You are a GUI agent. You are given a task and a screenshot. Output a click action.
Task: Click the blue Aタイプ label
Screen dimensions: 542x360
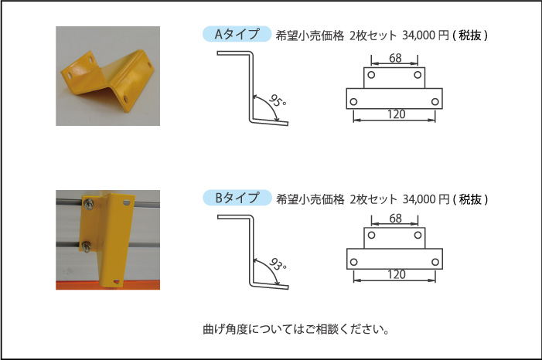pyautogui.click(x=237, y=34)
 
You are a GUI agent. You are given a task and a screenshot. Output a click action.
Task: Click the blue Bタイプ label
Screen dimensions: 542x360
pyautogui.click(x=237, y=198)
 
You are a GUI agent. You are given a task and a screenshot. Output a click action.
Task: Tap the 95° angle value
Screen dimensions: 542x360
pyautogui.click(x=278, y=100)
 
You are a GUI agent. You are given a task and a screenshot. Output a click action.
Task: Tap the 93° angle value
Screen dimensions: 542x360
pyautogui.click(x=278, y=264)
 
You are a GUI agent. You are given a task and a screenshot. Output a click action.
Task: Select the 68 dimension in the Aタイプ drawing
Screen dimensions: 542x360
pyautogui.click(x=395, y=58)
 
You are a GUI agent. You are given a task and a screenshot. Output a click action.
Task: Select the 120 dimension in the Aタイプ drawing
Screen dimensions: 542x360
pyautogui.click(x=396, y=114)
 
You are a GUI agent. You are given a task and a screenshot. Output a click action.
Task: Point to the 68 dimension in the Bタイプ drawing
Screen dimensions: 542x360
pyautogui.click(x=395, y=218)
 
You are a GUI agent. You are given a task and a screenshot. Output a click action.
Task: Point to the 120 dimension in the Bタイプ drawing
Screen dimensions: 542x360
pyautogui.click(x=396, y=274)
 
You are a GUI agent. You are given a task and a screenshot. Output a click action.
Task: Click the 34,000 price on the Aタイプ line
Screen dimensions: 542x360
pyautogui.click(x=418, y=36)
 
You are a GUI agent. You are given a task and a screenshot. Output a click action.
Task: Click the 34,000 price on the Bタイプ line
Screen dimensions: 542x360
pyautogui.click(x=418, y=199)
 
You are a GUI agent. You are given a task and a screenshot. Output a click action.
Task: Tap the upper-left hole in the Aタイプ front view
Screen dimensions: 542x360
pyautogui.click(x=371, y=75)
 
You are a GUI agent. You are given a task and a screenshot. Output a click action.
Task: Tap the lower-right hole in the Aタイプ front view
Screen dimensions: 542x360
pyautogui.click(x=435, y=101)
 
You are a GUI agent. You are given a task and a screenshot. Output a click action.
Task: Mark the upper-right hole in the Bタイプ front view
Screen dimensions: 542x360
pyautogui.click(x=418, y=235)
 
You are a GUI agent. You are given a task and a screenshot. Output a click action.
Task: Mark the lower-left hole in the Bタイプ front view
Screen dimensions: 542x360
pyautogui.click(x=353, y=262)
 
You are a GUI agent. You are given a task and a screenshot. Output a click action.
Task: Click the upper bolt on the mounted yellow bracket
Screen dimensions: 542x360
pyautogui.click(x=88, y=204)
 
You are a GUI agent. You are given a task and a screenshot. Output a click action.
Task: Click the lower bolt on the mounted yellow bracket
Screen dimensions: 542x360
pyautogui.click(x=86, y=247)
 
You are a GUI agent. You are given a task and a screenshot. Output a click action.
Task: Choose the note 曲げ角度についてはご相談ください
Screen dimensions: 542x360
pyautogui.click(x=296, y=329)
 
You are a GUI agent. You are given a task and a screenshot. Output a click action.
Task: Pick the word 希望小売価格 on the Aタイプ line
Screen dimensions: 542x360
pyautogui.click(x=310, y=36)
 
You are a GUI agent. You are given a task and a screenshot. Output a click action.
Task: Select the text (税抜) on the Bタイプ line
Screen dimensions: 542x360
pyautogui.click(x=470, y=199)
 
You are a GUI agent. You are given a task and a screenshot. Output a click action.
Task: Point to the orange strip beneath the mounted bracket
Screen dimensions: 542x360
pyautogui.click(x=107, y=285)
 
